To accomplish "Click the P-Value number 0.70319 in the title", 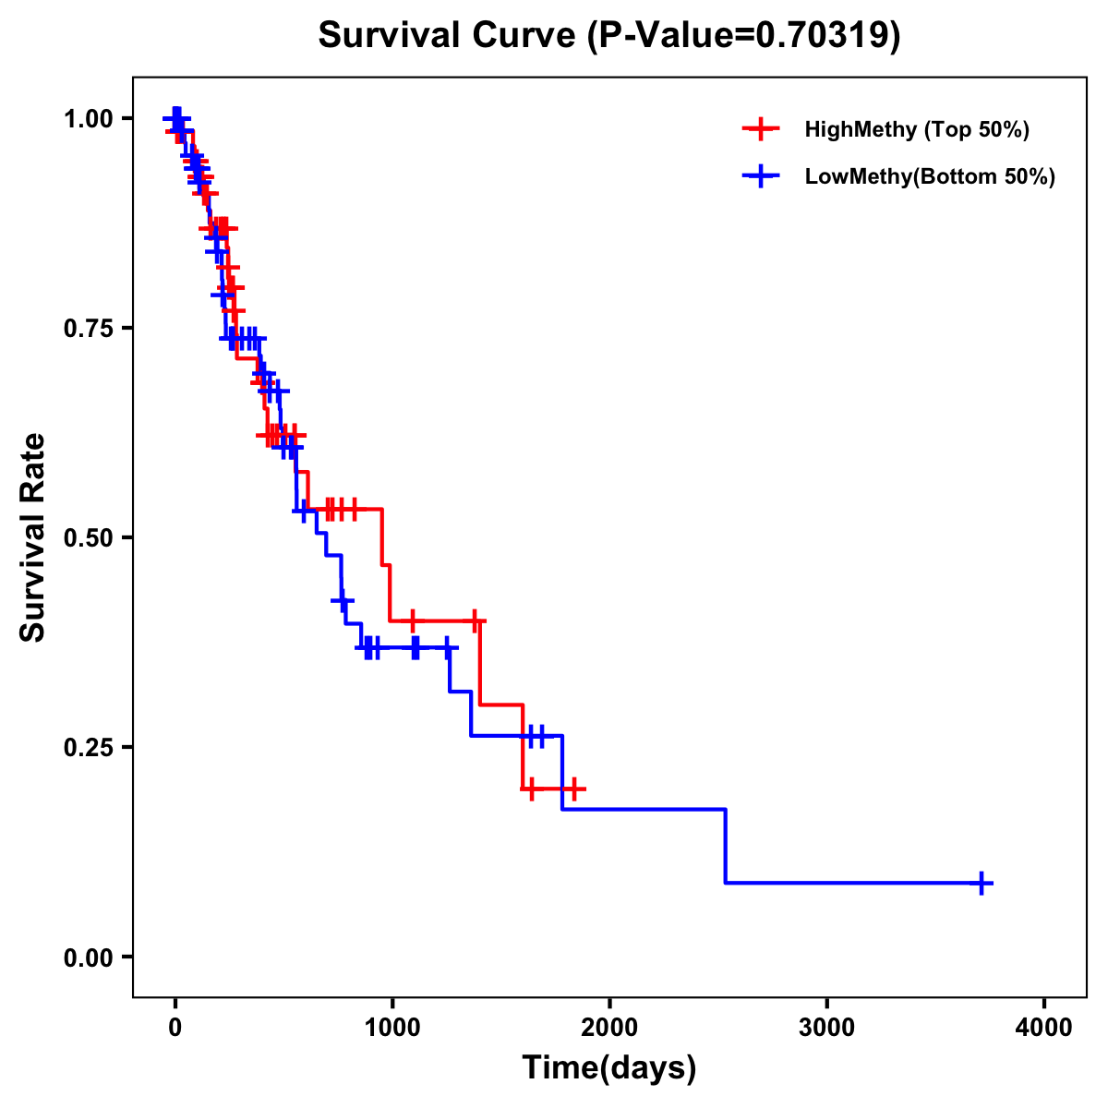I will point(825,35).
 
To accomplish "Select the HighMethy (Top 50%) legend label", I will point(916,129).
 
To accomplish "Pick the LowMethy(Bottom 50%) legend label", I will point(930,176).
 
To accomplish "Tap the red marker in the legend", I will point(760,129).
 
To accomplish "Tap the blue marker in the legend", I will point(760,176).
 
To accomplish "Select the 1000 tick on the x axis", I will point(392,1027).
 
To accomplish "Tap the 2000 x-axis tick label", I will point(609,1027).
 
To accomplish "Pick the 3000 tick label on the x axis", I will point(826,1027).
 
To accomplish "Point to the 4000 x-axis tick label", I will point(1044,1027).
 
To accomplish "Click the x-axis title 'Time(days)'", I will point(609,1068).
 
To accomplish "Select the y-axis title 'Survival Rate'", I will point(33,537).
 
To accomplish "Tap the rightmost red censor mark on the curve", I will point(574,789).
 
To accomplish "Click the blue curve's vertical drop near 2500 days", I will point(726,845).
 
